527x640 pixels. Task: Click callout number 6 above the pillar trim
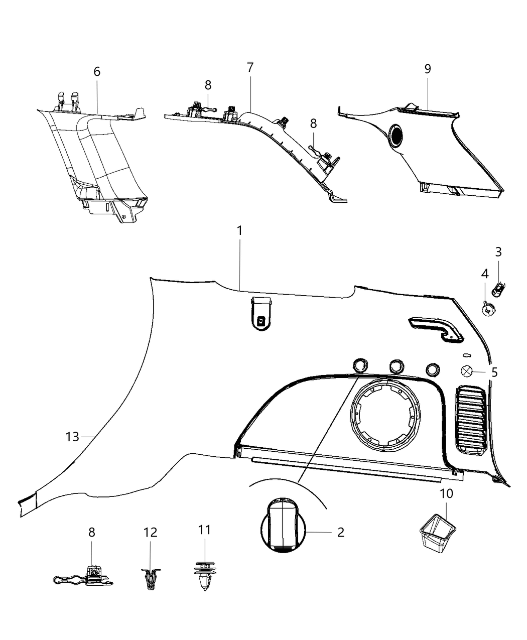click(x=97, y=71)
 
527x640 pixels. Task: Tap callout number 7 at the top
click(x=250, y=67)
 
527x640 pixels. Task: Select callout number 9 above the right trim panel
click(x=428, y=69)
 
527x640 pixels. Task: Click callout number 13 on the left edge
click(x=72, y=437)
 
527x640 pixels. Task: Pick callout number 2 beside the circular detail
click(x=341, y=532)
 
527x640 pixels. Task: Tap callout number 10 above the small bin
click(x=446, y=493)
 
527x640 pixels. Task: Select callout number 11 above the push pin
click(x=204, y=530)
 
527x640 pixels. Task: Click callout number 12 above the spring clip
click(x=151, y=532)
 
